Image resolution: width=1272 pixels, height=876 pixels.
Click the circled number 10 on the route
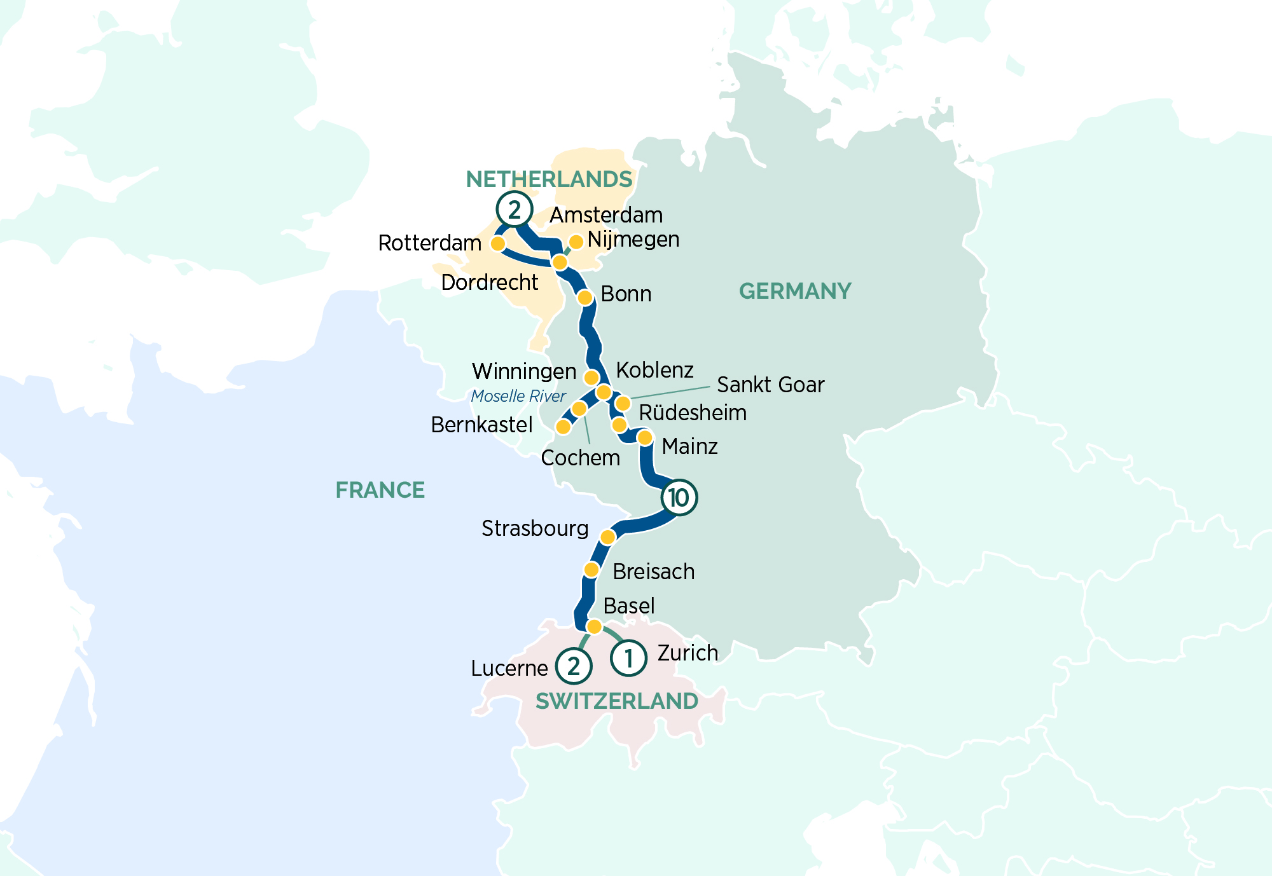(679, 497)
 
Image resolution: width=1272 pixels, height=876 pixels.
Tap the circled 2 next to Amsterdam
(514, 209)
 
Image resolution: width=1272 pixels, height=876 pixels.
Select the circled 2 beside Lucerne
(574, 666)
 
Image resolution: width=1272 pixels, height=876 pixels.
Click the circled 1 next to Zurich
(628, 657)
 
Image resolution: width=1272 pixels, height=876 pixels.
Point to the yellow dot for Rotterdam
(498, 243)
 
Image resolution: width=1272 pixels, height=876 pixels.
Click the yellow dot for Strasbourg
(607, 537)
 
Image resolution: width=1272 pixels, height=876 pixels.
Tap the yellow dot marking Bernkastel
(563, 427)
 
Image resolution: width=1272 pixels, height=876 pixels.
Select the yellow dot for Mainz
(644, 437)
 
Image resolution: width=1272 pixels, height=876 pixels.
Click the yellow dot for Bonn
(585, 297)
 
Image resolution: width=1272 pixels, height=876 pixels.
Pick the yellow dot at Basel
(593, 627)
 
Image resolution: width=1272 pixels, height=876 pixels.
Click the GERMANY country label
(794, 291)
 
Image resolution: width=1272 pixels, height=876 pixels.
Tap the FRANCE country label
(380, 490)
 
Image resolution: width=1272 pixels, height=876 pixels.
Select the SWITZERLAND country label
(616, 701)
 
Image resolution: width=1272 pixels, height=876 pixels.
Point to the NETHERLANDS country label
(549, 179)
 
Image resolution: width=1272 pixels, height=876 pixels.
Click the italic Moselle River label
(518, 396)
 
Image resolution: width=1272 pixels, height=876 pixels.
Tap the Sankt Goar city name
(770, 385)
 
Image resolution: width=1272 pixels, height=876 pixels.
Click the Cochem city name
(580, 458)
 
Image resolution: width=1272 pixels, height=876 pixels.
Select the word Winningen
(523, 371)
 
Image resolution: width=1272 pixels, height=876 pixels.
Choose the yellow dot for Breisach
(591, 569)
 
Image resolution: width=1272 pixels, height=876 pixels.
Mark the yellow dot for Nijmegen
(576, 242)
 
